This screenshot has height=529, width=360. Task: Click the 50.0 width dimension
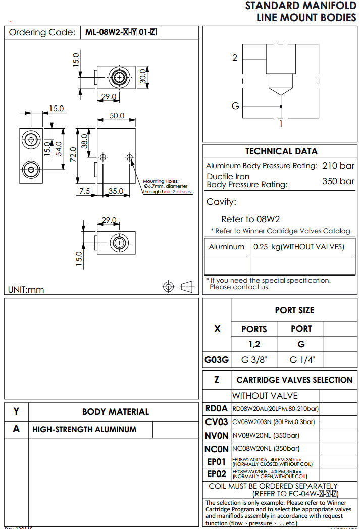pyautogui.click(x=117, y=116)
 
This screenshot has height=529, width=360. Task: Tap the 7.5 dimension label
pyautogui.click(x=84, y=191)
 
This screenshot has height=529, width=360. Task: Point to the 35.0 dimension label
pyautogui.click(x=116, y=191)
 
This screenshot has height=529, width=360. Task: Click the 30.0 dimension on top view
pyautogui.click(x=144, y=77)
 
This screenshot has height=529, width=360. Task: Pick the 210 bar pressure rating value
pyautogui.click(x=338, y=166)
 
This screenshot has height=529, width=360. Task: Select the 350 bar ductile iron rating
pyautogui.click(x=338, y=181)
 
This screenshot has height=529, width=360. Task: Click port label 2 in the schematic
pyautogui.click(x=235, y=58)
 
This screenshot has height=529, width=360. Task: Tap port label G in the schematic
pyautogui.click(x=235, y=106)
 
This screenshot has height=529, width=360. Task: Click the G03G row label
pyautogui.click(x=217, y=360)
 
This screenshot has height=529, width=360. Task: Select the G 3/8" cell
pyautogui.click(x=254, y=360)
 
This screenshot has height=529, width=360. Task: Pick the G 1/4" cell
pyautogui.click(x=302, y=360)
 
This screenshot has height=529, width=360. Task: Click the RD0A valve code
pyautogui.click(x=216, y=408)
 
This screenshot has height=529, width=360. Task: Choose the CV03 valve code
pyautogui.click(x=216, y=422)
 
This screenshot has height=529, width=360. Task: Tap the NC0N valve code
pyautogui.click(x=217, y=448)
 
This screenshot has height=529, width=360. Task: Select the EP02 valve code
pyautogui.click(x=217, y=474)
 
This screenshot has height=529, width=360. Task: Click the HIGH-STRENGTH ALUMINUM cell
pyautogui.click(x=84, y=430)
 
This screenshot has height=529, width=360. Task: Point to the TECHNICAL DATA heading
pyautogui.click(x=281, y=151)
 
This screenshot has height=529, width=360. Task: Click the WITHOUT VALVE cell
pyautogui.click(x=265, y=396)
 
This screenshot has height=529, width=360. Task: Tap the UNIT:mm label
pyautogui.click(x=26, y=290)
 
